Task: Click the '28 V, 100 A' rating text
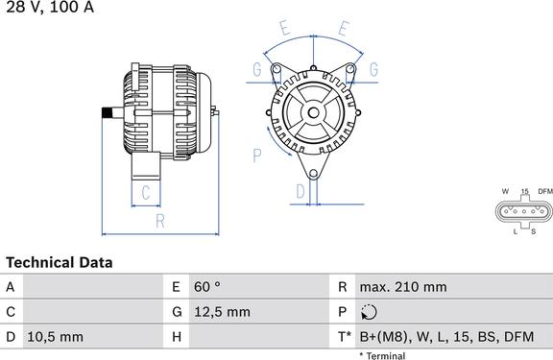point(50,7)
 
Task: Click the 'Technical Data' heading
point(60,263)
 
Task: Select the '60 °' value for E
point(207,287)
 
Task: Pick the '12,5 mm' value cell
point(222,312)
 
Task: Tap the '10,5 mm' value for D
point(55,337)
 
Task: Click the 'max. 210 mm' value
point(403,287)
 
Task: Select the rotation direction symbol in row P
point(369,312)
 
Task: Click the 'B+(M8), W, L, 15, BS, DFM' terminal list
point(446,337)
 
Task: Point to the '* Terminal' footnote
point(382,355)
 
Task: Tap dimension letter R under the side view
point(160,221)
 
